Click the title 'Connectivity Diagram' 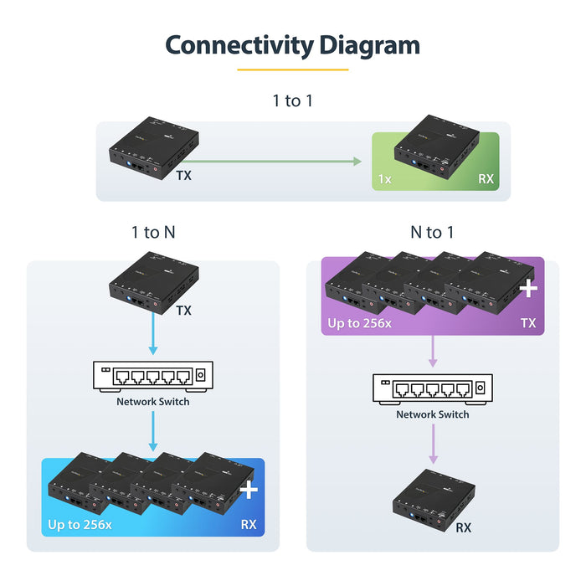click(292, 44)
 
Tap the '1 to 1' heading click(292, 101)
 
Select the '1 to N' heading click(152, 232)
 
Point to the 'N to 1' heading click(432, 232)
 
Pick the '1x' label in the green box click(384, 178)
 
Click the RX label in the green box click(486, 178)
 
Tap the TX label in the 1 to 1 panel click(183, 177)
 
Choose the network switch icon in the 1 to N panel click(152, 377)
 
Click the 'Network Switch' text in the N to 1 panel click(432, 414)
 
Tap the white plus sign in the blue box click(249, 490)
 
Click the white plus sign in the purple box click(528, 290)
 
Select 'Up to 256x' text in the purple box click(360, 323)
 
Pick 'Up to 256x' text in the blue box click(80, 525)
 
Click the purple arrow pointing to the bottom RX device click(433, 444)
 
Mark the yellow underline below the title click(292, 69)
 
